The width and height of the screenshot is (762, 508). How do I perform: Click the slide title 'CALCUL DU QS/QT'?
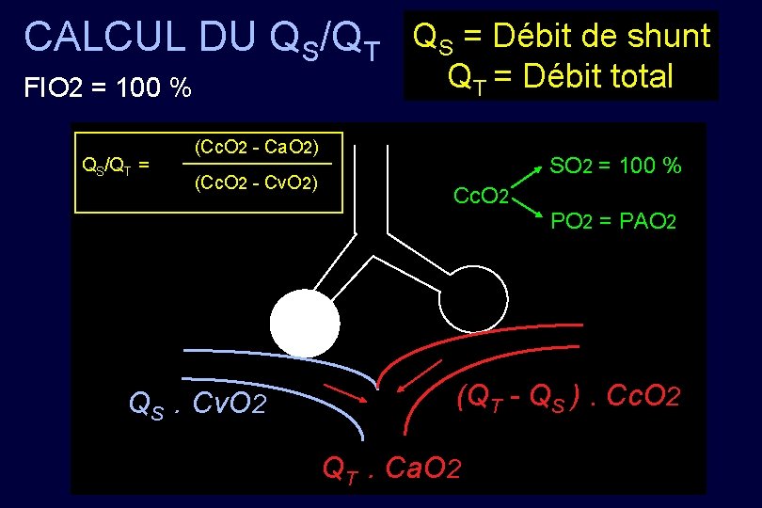click(x=202, y=40)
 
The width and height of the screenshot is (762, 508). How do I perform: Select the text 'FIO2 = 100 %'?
click(x=107, y=88)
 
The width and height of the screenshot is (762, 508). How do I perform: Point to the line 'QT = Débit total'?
click(x=561, y=75)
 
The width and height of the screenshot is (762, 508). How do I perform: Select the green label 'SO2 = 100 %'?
click(x=615, y=167)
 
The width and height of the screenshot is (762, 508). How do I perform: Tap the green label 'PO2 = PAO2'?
click(x=612, y=223)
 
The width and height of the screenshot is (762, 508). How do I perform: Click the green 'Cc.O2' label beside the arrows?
click(x=481, y=196)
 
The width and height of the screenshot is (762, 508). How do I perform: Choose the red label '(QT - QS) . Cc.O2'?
click(x=566, y=397)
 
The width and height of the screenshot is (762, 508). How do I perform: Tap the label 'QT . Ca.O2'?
click(x=391, y=465)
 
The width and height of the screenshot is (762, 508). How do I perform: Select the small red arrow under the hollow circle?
click(x=418, y=374)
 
